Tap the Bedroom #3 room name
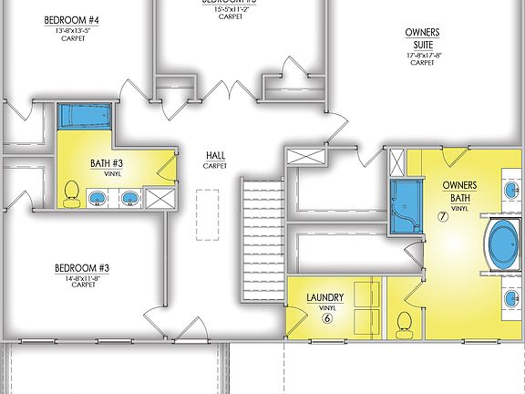(82, 267)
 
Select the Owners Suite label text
(422, 37)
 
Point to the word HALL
(215, 155)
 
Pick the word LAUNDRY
(324, 296)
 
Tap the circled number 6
(325, 317)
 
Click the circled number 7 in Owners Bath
(442, 217)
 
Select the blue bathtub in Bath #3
(84, 117)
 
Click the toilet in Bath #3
(71, 194)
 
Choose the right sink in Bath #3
(129, 198)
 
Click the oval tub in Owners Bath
(502, 243)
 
